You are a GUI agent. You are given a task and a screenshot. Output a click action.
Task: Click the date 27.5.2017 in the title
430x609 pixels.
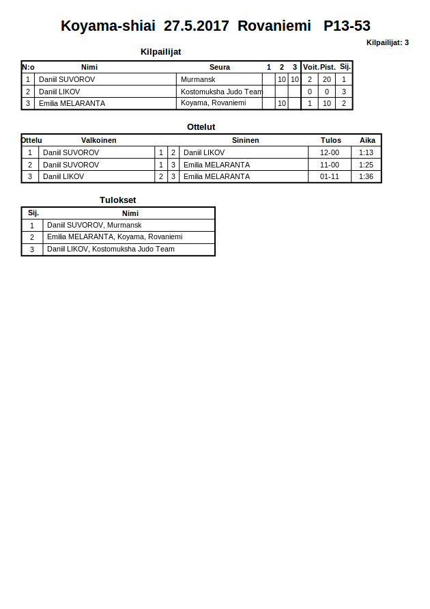(196, 26)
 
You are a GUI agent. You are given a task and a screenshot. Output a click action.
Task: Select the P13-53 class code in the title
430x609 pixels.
(347, 26)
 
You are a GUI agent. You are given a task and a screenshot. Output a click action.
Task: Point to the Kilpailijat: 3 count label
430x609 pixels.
(387, 42)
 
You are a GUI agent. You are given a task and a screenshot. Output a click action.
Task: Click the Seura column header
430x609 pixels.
(219, 67)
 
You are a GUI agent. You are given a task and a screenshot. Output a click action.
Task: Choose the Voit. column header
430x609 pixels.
(311, 67)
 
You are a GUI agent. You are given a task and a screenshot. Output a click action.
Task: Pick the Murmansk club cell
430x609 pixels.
(198, 79)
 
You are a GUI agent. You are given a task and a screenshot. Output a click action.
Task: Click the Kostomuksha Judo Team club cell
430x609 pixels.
(221, 92)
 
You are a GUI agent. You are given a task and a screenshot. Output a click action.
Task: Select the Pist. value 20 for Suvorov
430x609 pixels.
(327, 79)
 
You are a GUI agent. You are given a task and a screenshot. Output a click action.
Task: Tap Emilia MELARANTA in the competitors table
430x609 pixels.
(72, 104)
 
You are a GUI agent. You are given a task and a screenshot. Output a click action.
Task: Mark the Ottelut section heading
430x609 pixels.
(201, 126)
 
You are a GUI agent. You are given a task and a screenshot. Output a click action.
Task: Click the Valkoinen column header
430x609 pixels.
(98, 140)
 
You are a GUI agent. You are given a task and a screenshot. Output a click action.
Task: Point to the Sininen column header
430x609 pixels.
(245, 140)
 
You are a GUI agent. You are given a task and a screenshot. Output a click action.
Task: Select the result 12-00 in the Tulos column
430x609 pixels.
(330, 152)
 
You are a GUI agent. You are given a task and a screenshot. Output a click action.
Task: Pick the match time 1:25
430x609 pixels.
(367, 165)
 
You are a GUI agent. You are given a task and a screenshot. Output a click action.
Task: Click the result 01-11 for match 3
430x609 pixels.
(330, 176)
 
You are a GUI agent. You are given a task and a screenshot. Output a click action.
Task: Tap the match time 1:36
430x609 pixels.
(367, 176)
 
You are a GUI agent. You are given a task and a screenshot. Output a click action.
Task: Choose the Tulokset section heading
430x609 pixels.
(117, 200)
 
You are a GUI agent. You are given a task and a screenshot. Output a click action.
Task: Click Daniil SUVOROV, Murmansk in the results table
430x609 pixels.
(94, 225)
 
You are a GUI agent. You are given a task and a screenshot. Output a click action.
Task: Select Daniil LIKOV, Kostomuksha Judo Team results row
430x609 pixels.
(111, 249)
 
